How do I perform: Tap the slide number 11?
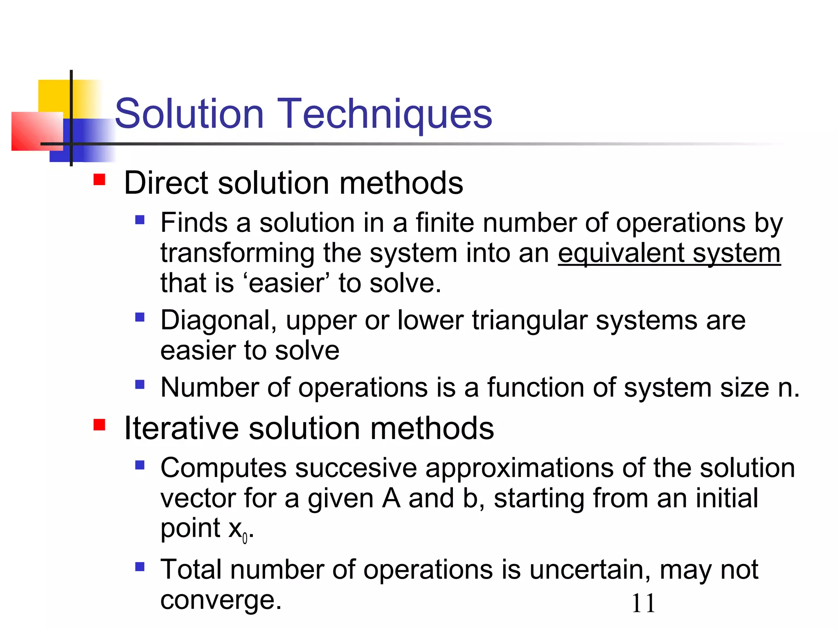tap(643, 604)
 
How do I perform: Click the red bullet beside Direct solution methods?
tap(99, 180)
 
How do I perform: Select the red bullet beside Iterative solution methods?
tap(99, 425)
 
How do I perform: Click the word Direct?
tap(167, 183)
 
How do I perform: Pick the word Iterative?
tap(181, 428)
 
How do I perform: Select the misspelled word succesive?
tap(356, 468)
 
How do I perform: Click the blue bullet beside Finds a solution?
tap(140, 220)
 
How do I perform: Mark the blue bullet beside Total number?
tap(140, 567)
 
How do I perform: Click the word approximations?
tap(520, 468)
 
